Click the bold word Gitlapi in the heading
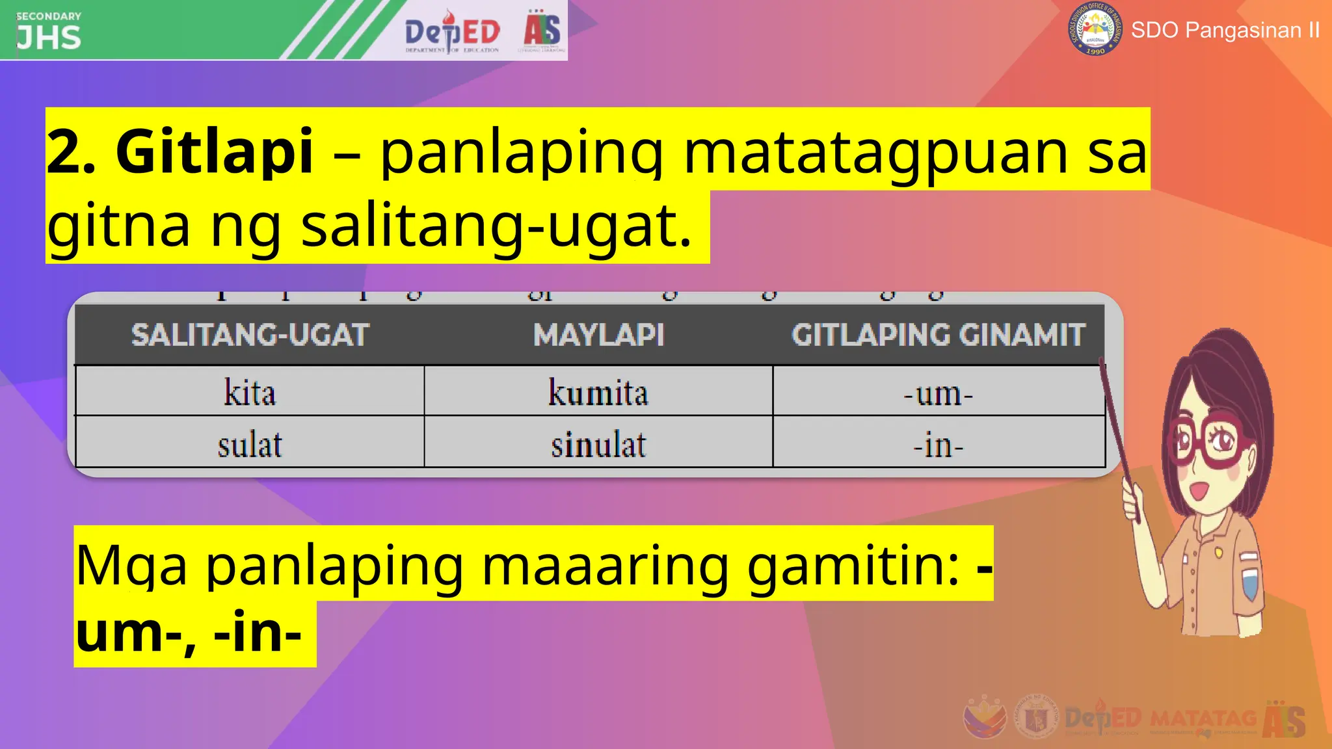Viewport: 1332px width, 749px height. click(x=214, y=152)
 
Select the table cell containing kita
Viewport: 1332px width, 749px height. click(x=250, y=392)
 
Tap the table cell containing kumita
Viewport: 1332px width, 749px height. click(x=598, y=392)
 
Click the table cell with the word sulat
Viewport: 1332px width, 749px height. click(x=250, y=445)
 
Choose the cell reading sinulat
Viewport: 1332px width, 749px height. click(x=598, y=445)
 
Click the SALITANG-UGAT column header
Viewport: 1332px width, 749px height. click(x=250, y=335)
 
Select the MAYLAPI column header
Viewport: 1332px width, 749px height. click(x=598, y=335)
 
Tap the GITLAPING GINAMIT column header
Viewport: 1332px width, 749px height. click(x=938, y=335)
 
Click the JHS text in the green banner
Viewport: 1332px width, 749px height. click(x=49, y=38)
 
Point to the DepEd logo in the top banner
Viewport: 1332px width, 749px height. click(x=452, y=31)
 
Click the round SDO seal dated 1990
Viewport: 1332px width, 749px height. click(x=1095, y=29)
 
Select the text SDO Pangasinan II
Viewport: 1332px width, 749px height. click(x=1225, y=30)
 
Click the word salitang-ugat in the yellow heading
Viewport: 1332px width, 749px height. click(x=496, y=226)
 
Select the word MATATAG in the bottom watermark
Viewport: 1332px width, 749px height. click(x=1203, y=719)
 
